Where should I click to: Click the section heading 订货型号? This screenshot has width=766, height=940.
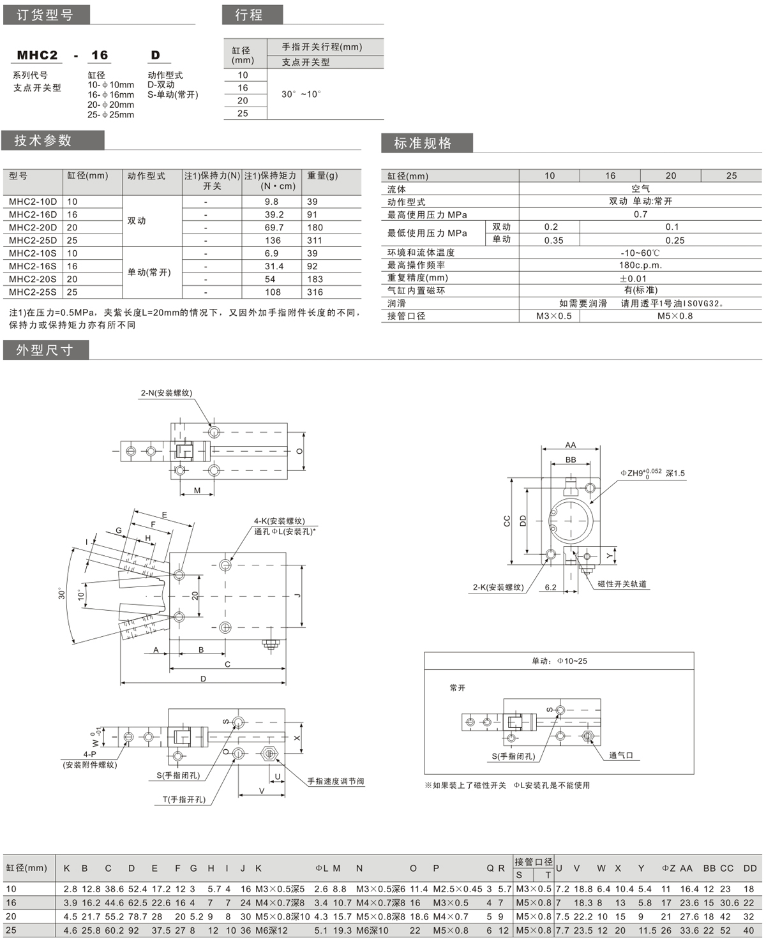[45, 15]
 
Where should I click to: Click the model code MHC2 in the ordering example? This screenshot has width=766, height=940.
[37, 56]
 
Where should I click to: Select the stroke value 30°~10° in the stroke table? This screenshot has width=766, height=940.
[301, 94]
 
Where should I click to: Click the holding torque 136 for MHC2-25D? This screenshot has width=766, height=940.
[273, 241]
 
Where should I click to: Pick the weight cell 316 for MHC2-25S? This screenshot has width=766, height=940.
[315, 292]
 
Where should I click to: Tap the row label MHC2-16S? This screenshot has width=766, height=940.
[33, 266]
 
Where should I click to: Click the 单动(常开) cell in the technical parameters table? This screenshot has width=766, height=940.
[149, 272]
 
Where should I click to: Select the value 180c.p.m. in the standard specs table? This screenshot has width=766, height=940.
[640, 265]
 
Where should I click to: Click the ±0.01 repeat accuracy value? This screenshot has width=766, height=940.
[633, 278]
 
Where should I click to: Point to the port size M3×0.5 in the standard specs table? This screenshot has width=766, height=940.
[553, 316]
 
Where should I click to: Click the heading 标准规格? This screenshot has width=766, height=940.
[423, 143]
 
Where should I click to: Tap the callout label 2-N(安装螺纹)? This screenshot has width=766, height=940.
[166, 393]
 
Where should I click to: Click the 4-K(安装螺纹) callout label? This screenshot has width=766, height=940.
[280, 521]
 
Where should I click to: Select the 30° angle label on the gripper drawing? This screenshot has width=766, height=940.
[62, 593]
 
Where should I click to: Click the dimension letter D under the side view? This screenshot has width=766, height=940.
[203, 678]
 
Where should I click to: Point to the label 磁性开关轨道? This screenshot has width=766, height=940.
[622, 584]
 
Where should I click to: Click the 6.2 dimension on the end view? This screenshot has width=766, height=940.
[550, 588]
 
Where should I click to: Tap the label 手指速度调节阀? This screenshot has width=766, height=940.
[335, 781]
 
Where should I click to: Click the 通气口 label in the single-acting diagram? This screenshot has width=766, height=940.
[620, 756]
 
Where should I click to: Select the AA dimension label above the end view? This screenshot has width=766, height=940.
[570, 445]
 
